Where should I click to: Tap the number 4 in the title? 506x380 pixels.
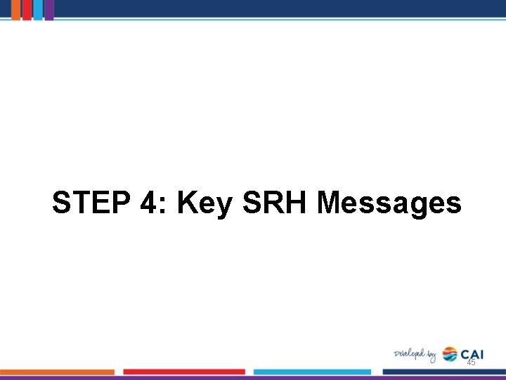pos(148,203)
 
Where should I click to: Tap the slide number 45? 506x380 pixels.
pos(471,362)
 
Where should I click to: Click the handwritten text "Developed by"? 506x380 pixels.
pos(415,355)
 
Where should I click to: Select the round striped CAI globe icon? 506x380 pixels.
pos(450,354)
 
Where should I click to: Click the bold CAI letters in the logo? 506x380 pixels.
pos(472,353)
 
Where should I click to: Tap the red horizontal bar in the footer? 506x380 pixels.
pos(184,372)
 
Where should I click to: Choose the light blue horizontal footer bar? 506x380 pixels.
pos(313,372)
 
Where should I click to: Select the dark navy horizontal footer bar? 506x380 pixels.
pos(443,372)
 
